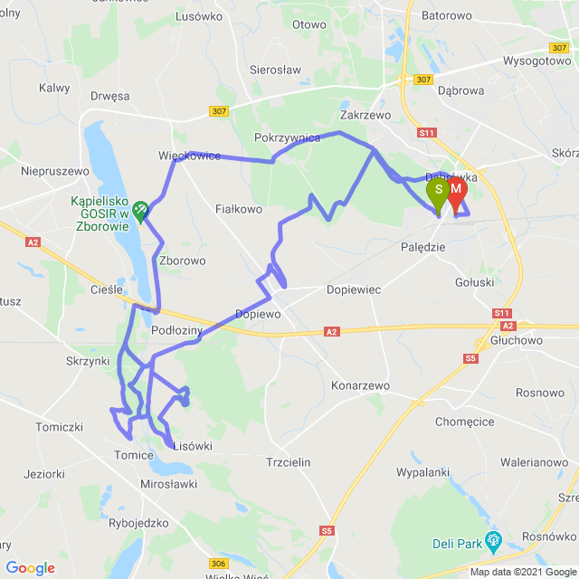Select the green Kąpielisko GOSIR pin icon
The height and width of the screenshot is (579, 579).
(140, 211)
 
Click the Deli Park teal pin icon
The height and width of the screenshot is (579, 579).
(493, 541)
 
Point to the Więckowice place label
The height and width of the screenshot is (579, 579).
(189, 156)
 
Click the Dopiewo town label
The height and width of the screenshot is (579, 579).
(258, 314)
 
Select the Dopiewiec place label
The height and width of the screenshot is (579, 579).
(356, 290)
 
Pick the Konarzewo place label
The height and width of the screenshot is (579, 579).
(360, 385)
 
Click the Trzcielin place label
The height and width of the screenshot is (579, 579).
(289, 462)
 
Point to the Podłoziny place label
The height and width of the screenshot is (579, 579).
(177, 331)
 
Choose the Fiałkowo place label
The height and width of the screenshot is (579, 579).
(240, 209)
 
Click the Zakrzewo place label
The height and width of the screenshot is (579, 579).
(365, 116)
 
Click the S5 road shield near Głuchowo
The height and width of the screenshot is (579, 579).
(470, 359)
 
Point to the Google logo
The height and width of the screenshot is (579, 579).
(30, 568)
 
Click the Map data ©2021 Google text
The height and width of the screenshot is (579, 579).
(523, 572)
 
